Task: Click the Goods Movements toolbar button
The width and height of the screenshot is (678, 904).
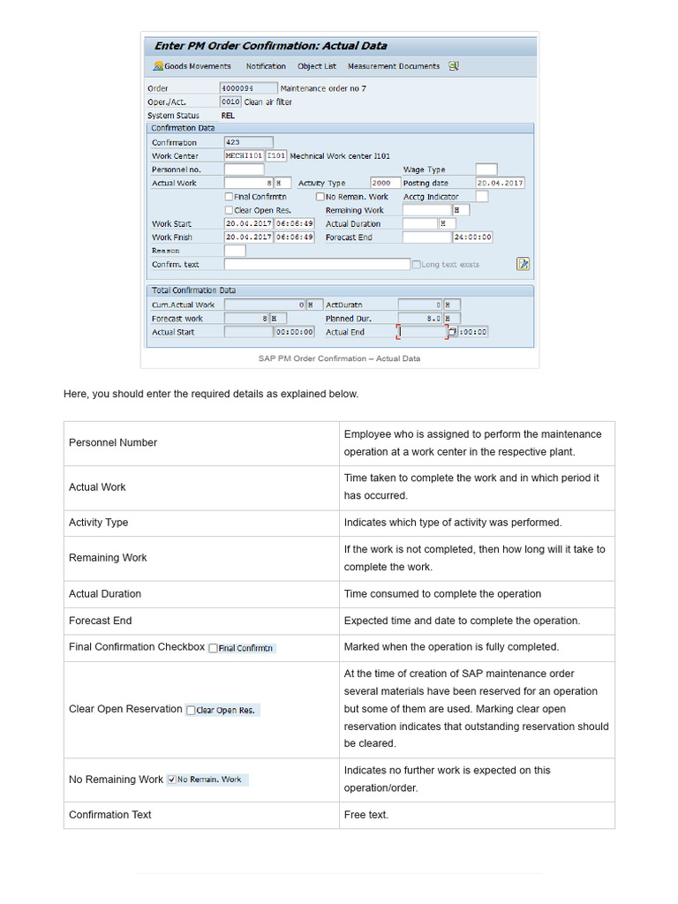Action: [x=192, y=66]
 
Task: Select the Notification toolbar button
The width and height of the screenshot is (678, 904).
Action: [x=265, y=66]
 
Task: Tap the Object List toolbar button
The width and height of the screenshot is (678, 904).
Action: [x=316, y=66]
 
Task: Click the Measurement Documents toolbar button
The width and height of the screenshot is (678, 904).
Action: [x=393, y=66]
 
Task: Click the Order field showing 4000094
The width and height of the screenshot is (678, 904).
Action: [x=247, y=88]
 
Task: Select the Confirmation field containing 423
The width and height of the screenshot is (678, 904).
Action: [x=248, y=142]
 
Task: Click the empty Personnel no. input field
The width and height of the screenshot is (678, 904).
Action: [x=244, y=169]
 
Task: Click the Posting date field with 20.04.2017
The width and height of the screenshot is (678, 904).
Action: [x=500, y=183]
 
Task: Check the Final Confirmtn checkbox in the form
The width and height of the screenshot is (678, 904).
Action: [x=230, y=197]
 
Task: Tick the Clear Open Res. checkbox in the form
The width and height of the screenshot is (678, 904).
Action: [x=230, y=210]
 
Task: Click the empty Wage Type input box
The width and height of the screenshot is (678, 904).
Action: [x=486, y=169]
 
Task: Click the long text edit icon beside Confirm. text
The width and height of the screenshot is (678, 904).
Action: [x=523, y=264]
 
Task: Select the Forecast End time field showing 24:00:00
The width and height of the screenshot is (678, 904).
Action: [x=472, y=237]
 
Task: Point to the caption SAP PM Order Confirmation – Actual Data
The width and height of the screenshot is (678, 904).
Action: [x=339, y=358]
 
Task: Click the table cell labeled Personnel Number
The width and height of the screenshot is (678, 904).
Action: [x=113, y=442]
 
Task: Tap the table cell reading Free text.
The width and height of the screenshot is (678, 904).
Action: [x=365, y=815]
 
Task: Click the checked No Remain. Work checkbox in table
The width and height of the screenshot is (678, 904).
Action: [x=171, y=780]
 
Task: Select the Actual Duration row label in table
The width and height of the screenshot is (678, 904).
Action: [x=105, y=594]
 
